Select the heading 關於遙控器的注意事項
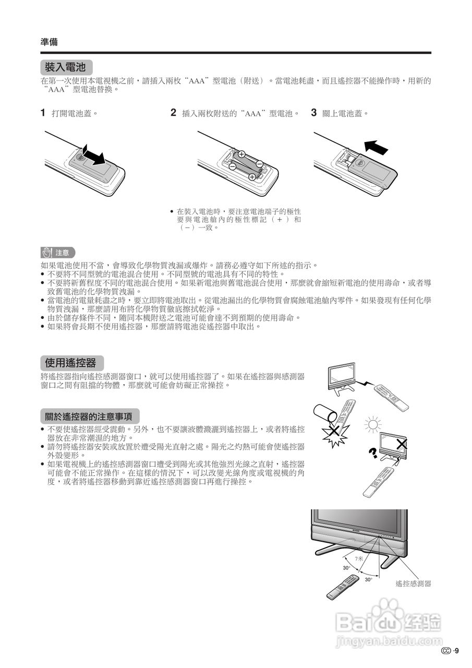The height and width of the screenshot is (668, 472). tap(89, 416)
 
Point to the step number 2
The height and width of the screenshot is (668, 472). tap(173, 113)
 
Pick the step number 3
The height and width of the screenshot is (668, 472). tap(314, 113)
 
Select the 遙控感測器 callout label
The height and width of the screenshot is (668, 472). tap(413, 584)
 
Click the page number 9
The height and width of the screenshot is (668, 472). tap(456, 650)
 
